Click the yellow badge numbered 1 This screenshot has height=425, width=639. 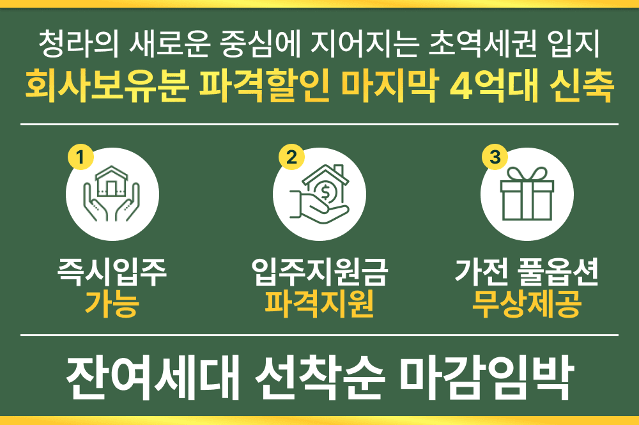point(81,157)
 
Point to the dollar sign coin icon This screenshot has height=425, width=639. point(327,191)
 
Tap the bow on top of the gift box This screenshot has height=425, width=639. point(526,174)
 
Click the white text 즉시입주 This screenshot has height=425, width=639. point(112,274)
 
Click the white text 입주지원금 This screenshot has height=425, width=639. point(319,274)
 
